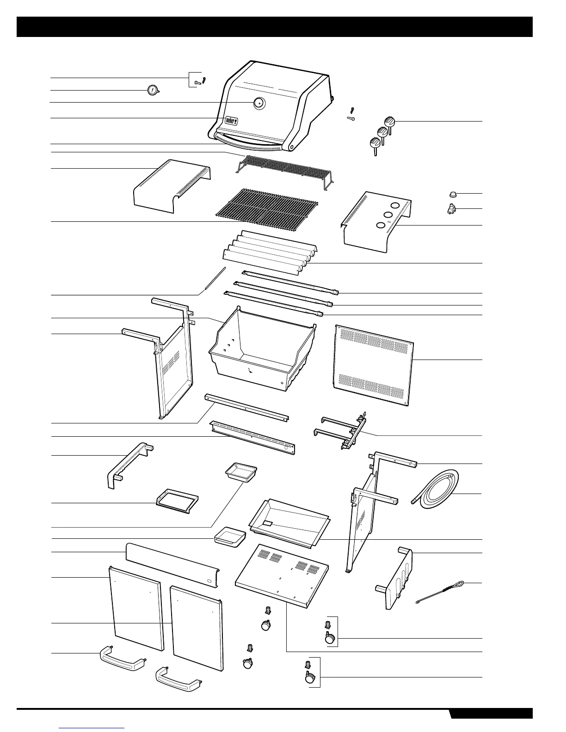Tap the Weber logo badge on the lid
pos(231,120)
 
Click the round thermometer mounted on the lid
pos(259,103)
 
